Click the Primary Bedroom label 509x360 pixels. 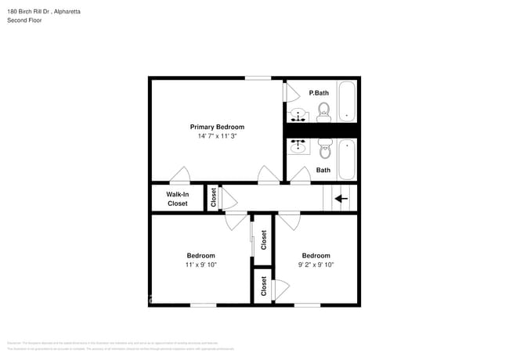[217, 127]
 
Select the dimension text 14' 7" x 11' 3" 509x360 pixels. [217, 136]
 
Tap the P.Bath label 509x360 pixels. [319, 93]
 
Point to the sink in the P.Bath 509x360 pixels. [298, 117]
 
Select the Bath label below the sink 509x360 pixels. [323, 170]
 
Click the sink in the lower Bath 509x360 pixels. [298, 146]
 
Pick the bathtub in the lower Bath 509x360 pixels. [347, 160]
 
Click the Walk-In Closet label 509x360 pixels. [178, 199]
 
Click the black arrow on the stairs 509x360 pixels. [341, 199]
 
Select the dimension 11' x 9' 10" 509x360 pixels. [200, 265]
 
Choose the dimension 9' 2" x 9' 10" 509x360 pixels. [316, 265]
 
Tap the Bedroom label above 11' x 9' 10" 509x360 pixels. [200, 256]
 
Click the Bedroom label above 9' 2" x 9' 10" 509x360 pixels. [316, 256]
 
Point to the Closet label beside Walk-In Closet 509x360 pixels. [213, 197]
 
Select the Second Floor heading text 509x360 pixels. [25, 20]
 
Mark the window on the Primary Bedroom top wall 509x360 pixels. [258, 77]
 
